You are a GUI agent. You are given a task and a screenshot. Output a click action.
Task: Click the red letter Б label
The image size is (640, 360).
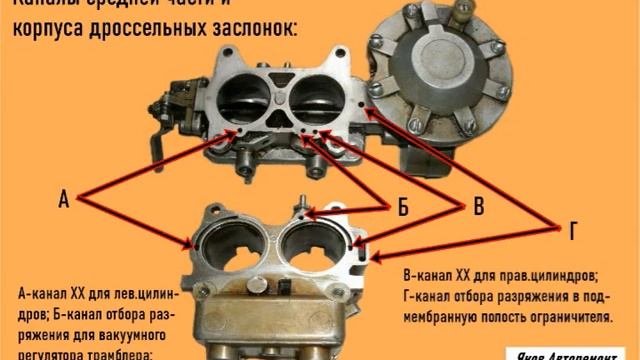[x=402, y=208]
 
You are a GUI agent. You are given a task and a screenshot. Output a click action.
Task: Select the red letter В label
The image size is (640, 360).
[x=478, y=208]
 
